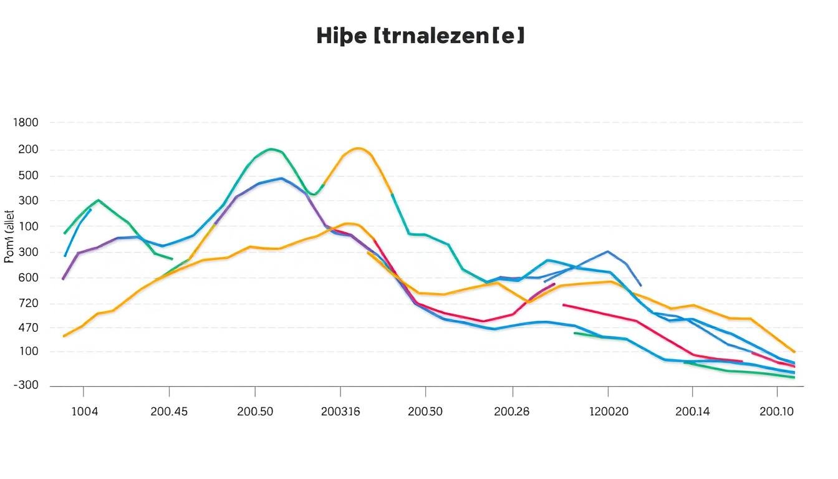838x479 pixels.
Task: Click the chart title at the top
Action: coord(420,36)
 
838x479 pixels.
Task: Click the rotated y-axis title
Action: coord(9,238)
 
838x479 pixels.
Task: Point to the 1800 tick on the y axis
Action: coord(26,123)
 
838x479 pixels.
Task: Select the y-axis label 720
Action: coord(26,304)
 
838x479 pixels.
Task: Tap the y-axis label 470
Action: coord(26,328)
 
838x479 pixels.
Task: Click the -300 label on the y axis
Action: coord(26,385)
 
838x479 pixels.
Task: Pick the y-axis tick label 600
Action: coord(26,278)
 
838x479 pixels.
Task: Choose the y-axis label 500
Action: coord(26,176)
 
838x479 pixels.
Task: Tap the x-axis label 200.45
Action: coord(170,412)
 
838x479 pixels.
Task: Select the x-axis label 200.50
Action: coord(255,412)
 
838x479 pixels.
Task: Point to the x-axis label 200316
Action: coord(340,412)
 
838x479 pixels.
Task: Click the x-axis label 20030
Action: coord(425,412)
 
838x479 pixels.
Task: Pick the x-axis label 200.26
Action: coord(512,412)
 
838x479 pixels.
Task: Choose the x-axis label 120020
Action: coord(609,412)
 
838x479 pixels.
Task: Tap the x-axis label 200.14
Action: coord(693,412)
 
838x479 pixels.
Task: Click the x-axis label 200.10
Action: coord(778,412)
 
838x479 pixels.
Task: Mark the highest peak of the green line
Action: coord(270,149)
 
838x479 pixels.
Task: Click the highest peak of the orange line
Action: coord(358,148)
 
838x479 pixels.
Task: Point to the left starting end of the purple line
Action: coord(63,279)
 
